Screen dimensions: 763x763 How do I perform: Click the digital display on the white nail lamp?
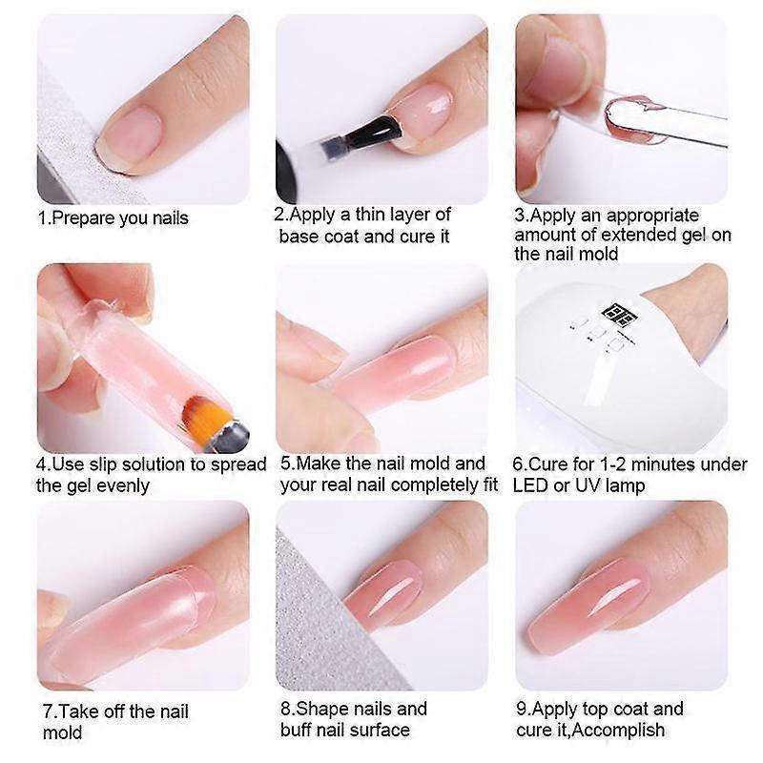[615, 312]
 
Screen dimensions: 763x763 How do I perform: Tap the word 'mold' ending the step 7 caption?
[62, 732]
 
